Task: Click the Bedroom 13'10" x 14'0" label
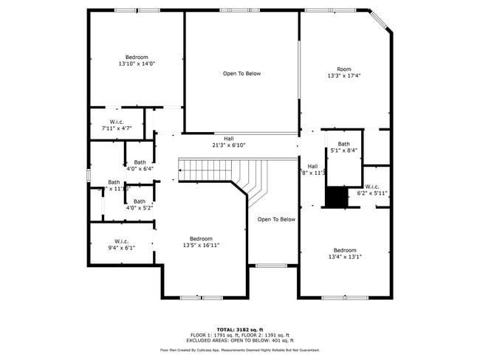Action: [x=137, y=60]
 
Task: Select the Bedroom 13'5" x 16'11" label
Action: [x=201, y=242]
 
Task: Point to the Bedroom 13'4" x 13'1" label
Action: [x=344, y=254]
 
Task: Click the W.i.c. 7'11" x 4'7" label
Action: [x=117, y=125]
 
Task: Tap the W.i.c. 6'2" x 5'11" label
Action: [x=372, y=190]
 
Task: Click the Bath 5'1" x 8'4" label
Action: [x=344, y=148]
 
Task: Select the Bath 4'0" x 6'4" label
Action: [x=140, y=165]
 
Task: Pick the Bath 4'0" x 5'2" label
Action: [x=140, y=204]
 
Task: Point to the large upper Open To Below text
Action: [x=241, y=74]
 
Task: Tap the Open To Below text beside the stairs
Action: [x=276, y=219]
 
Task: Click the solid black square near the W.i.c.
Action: [x=337, y=197]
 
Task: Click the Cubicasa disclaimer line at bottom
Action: [x=240, y=350]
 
